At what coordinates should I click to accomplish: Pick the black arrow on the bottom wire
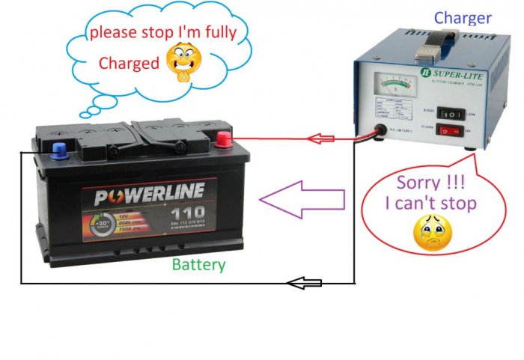pyautogui.click(x=305, y=283)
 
